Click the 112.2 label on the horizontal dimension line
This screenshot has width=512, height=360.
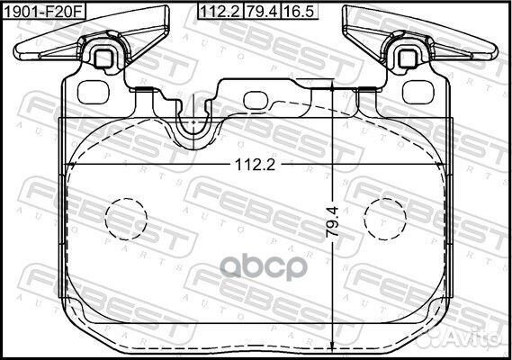point(255,165)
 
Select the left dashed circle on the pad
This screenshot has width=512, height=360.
point(126,216)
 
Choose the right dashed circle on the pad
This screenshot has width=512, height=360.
point(384,216)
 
